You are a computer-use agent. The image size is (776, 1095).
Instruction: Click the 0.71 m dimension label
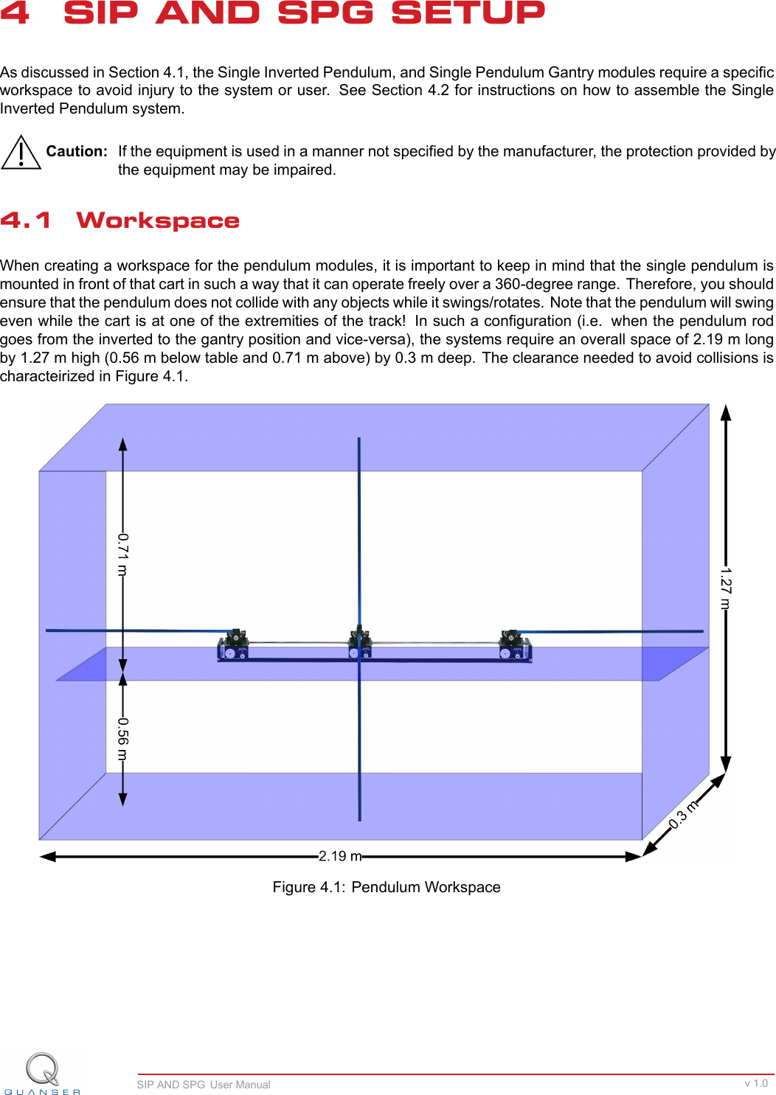point(123,555)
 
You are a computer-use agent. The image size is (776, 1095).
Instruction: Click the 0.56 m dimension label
point(123,739)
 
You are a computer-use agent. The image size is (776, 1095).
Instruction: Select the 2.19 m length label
point(340,856)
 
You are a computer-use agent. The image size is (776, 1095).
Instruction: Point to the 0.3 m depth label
point(683,814)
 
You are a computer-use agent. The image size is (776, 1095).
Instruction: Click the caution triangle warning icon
point(21,153)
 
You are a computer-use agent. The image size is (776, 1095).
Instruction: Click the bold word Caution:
point(77,151)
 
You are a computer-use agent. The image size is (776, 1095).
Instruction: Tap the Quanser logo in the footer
point(43,1074)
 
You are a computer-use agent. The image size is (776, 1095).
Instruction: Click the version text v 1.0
point(756,1083)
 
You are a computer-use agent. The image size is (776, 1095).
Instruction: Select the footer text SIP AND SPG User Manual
point(204,1085)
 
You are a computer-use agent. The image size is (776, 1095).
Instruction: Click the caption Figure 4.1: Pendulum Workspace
point(387,887)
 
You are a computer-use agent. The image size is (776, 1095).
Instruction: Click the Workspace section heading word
point(158,220)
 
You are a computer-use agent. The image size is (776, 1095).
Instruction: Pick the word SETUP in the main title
point(468,13)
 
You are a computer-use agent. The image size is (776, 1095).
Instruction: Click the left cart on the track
point(233,645)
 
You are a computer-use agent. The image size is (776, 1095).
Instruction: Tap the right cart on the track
point(514,645)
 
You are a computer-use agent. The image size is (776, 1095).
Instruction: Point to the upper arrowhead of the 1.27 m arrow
point(726,412)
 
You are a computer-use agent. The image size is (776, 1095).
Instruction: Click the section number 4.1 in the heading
point(26,220)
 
